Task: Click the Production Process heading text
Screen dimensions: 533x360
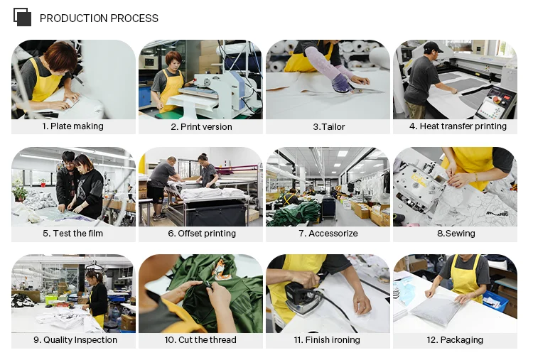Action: tap(99, 18)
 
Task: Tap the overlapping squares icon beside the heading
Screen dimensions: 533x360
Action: tap(23, 17)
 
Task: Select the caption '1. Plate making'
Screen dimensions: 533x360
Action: tap(72, 126)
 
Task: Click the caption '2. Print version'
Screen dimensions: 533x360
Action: tap(201, 126)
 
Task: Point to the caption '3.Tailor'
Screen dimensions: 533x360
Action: tap(329, 126)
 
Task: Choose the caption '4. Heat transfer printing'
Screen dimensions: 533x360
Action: tap(458, 126)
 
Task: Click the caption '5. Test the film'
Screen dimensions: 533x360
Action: tap(72, 234)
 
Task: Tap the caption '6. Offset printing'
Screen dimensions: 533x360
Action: tap(202, 234)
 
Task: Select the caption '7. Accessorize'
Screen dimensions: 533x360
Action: tap(328, 234)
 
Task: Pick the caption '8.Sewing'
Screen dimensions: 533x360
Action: tap(456, 234)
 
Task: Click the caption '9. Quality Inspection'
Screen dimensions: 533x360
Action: tap(75, 339)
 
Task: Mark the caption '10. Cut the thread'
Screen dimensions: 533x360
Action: tap(200, 339)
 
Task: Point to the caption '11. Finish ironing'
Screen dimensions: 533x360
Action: tap(327, 339)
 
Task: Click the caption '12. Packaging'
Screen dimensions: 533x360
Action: tap(455, 339)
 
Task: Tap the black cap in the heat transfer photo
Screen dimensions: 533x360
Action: tap(432, 47)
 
